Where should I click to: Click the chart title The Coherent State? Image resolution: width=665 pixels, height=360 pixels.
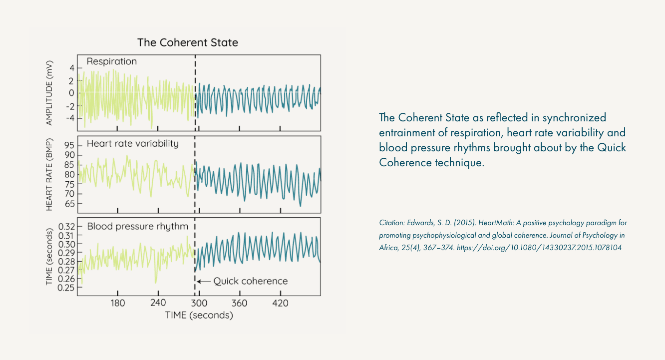pos(188,42)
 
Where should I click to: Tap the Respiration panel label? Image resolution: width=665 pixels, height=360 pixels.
pos(111,61)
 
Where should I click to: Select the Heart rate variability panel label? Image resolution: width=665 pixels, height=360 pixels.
pos(132,144)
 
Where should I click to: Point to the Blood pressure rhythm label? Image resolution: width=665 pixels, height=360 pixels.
pos(137,226)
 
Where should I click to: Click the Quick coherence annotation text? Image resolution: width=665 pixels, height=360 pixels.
pos(251,281)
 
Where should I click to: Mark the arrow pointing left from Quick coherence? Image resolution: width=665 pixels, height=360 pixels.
pos(204,281)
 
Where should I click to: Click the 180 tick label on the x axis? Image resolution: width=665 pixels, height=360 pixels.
pos(117,303)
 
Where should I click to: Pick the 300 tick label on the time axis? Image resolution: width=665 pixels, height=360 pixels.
pos(199,303)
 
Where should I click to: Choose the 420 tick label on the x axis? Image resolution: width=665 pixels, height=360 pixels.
pos(280,303)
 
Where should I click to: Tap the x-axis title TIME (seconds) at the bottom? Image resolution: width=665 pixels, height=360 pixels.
pos(199,315)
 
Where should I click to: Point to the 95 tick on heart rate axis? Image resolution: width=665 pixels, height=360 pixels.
pos(69,145)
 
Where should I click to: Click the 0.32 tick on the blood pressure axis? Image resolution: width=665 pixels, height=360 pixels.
pos(66,226)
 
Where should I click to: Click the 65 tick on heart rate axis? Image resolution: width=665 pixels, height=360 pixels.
pos(69,204)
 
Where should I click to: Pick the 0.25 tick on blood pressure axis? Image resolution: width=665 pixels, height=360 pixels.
pos(66,288)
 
